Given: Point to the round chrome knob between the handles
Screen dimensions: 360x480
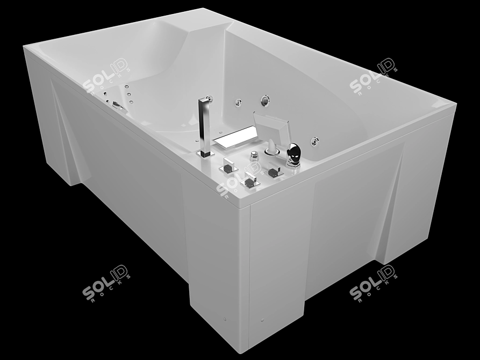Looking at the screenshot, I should (254, 156).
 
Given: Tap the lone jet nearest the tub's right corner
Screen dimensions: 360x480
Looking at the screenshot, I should (314, 141).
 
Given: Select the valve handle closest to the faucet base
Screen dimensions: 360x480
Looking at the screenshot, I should (228, 166).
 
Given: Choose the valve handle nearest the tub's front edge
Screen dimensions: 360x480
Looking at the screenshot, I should (250, 181).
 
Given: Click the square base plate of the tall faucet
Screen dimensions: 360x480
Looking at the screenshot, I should (205, 154).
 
